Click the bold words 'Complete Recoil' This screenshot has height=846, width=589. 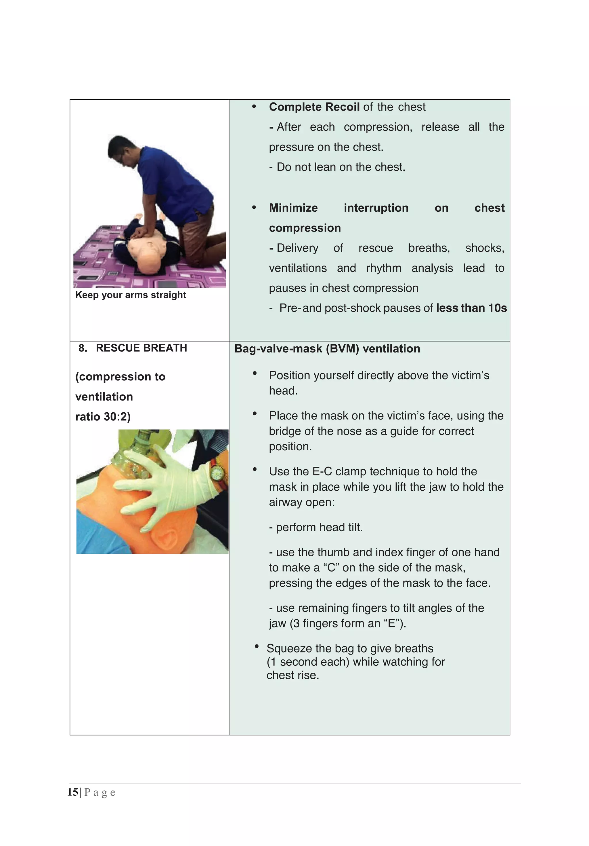[x=314, y=107]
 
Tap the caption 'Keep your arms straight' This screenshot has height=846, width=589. [x=131, y=295]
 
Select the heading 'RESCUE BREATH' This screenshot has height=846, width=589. [x=141, y=348]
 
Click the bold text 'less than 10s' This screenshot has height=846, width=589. [x=471, y=308]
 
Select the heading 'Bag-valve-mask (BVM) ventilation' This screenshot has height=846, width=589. [x=327, y=349]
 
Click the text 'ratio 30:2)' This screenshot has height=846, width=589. [x=103, y=416]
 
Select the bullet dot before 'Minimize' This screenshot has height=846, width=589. [x=254, y=207]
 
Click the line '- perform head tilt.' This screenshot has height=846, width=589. [x=315, y=527]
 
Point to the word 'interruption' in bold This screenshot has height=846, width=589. [x=376, y=208]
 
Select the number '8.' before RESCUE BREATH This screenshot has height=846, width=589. [x=83, y=348]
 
